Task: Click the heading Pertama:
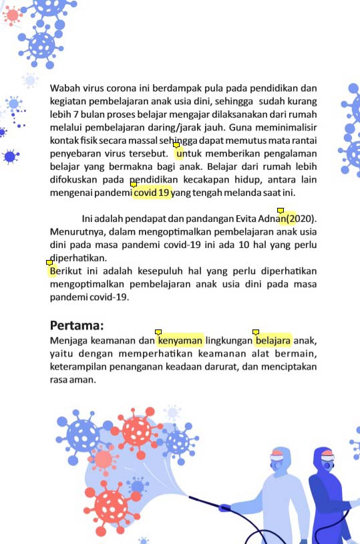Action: (x=77, y=326)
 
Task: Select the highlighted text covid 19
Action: (x=152, y=193)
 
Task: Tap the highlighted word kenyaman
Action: (x=180, y=341)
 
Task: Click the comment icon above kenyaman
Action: (x=158, y=331)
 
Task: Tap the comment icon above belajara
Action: (x=255, y=331)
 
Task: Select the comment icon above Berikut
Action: (x=49, y=263)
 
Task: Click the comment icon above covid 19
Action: (x=134, y=184)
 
